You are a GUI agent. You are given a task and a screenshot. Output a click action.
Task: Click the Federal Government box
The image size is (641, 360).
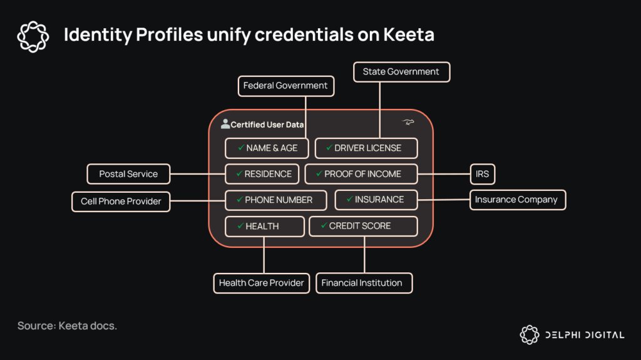pyautogui.click(x=285, y=86)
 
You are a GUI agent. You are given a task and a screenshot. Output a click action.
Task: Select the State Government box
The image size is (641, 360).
pyautogui.click(x=401, y=72)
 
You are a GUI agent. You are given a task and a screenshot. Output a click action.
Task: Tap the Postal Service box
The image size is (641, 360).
pyautogui.click(x=128, y=174)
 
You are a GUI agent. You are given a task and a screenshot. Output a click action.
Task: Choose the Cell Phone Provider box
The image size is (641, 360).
pyautogui.click(x=121, y=201)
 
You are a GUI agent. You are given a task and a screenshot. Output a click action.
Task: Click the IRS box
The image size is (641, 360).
pyautogui.click(x=482, y=174)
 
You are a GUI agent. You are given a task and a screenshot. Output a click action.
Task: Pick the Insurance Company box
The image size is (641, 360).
pyautogui.click(x=517, y=200)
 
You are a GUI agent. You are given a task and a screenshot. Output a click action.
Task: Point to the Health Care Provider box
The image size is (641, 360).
pyautogui.click(x=261, y=283)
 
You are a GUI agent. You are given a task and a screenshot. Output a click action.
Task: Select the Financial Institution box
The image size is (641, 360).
pyautogui.click(x=364, y=283)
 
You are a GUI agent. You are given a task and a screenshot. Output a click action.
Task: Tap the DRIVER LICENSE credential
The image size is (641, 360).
pyautogui.click(x=366, y=148)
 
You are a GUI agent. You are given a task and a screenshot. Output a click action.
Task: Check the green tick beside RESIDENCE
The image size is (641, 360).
pyautogui.click(x=238, y=173)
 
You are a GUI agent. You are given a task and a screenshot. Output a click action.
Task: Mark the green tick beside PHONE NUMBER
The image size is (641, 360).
pyautogui.click(x=239, y=200)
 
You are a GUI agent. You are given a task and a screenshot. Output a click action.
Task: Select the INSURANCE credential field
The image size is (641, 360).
pyautogui.click(x=376, y=200)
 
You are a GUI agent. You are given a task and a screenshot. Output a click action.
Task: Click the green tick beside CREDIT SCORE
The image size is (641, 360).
pyautogui.click(x=323, y=225)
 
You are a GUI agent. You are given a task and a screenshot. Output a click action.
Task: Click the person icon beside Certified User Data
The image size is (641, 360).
pyautogui.click(x=225, y=124)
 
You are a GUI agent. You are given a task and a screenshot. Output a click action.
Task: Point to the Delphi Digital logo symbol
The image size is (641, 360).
pyautogui.click(x=530, y=334)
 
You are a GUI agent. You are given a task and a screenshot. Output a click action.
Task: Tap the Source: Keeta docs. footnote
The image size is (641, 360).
pyautogui.click(x=67, y=326)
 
